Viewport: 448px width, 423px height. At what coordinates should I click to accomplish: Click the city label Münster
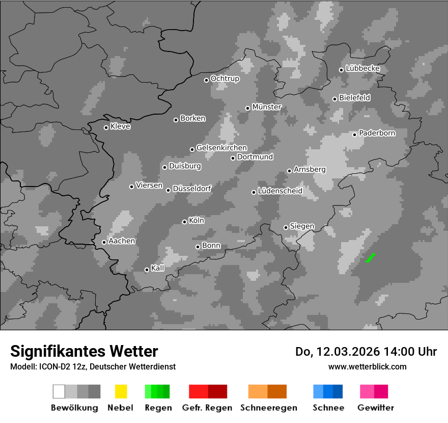pos(267,107)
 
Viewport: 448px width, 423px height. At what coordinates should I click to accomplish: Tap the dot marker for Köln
pos(184,222)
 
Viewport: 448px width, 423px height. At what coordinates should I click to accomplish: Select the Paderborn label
pos(377,134)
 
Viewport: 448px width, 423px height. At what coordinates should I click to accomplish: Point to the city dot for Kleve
pos(106,127)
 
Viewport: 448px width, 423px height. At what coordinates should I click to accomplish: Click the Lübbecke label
pos(363,69)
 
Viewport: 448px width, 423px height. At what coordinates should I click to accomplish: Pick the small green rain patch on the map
pos(370,258)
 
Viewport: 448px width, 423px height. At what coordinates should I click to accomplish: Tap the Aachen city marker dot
pos(104,242)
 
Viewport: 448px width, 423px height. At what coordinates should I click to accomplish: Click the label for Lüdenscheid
pos(280,191)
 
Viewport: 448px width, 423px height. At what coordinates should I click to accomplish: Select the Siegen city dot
pos(286,227)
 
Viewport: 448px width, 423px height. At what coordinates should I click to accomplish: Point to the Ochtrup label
pos(225,79)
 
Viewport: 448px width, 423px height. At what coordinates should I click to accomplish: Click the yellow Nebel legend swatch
pos(121,391)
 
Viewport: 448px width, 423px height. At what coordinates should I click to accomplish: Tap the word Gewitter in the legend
pos(376,408)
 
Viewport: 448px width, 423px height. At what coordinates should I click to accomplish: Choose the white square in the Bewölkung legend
pos(59,391)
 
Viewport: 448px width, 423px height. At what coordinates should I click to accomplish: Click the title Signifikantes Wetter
pos(84,352)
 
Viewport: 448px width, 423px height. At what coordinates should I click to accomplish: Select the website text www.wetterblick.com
pos(367,366)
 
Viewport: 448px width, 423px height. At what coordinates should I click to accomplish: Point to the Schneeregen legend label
pos(268,408)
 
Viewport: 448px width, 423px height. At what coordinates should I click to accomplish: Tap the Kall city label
pos(158,268)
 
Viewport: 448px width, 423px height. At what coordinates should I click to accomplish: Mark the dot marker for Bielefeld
pos(334,99)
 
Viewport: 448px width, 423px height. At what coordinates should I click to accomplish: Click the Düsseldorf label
pos(192,189)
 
